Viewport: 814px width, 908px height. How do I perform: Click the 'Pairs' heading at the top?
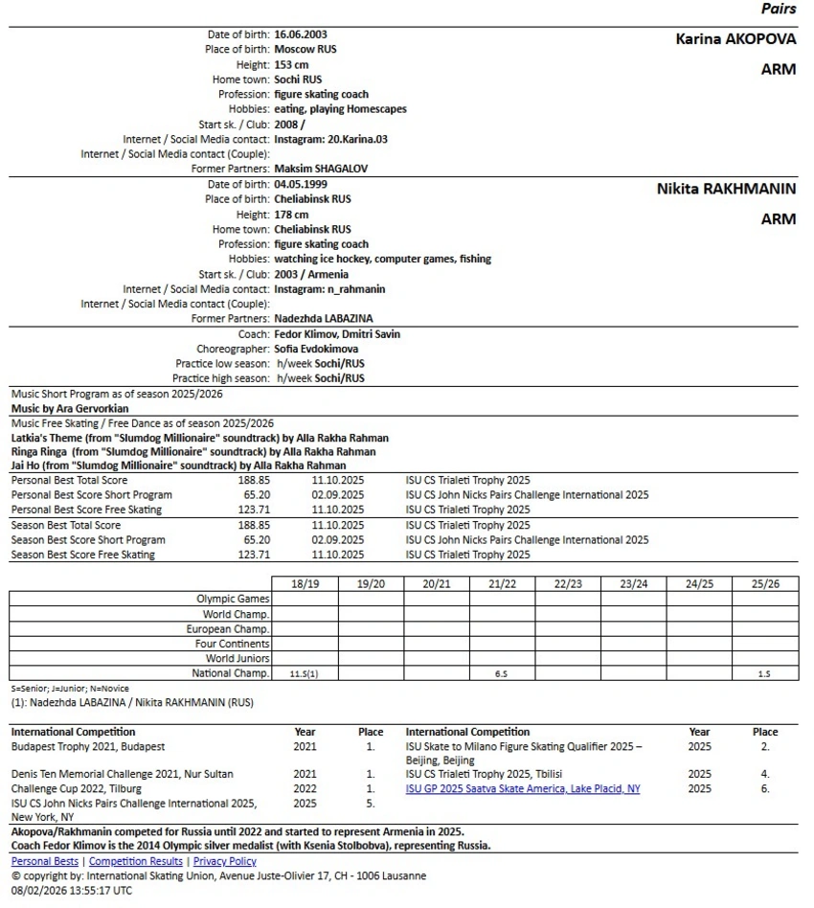pyautogui.click(x=778, y=10)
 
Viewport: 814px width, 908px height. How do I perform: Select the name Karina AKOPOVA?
pyautogui.click(x=735, y=40)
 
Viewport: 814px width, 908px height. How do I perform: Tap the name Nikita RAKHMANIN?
pyautogui.click(x=726, y=190)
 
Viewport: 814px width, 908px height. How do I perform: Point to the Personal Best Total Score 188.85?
pyautogui.click(x=254, y=480)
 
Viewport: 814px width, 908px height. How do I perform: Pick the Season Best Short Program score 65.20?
pyautogui.click(x=254, y=540)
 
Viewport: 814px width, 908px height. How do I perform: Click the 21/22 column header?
pyautogui.click(x=502, y=583)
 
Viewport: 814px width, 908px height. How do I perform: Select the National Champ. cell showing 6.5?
pyautogui.click(x=502, y=674)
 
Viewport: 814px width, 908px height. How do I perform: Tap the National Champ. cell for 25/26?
pyautogui.click(x=764, y=674)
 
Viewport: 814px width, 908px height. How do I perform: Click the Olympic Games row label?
pyautogui.click(x=233, y=599)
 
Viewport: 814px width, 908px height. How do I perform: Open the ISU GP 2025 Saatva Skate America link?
pyautogui.click(x=523, y=789)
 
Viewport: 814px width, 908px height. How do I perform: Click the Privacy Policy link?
pyautogui.click(x=224, y=862)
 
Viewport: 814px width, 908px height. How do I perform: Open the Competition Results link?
pyautogui.click(x=135, y=862)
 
